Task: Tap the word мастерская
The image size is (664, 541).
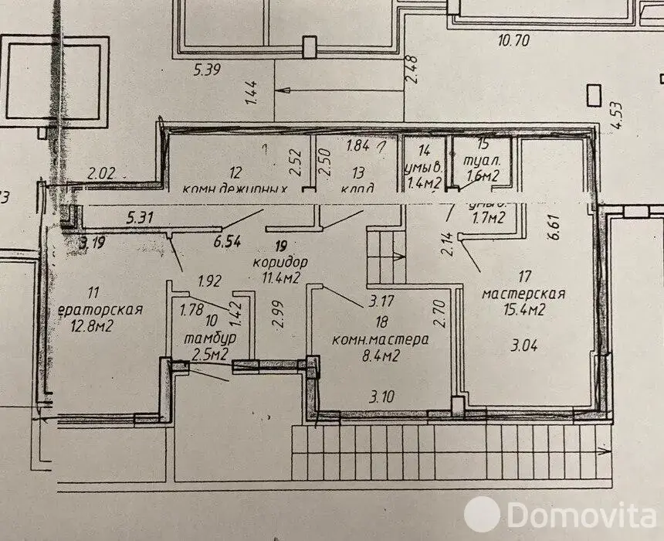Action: coord(523,294)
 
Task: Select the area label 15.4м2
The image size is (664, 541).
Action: coord(525,311)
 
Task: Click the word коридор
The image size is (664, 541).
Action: coord(279,261)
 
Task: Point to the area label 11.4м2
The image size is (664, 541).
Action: coord(281,277)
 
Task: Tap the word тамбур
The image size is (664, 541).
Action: coord(209,339)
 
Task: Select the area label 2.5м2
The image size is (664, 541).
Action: coord(210,355)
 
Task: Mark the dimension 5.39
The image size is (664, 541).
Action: coord(208,71)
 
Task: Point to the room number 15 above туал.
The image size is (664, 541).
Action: coord(483,143)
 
